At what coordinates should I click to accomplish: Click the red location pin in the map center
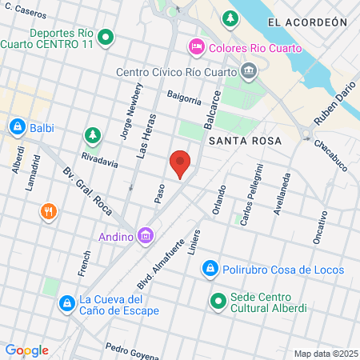[181, 163]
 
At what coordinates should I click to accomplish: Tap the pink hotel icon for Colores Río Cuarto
[195, 49]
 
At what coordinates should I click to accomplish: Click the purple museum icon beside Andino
[145, 236]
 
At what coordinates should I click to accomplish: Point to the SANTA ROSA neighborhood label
[244, 141]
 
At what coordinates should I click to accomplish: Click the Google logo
[26, 350]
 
